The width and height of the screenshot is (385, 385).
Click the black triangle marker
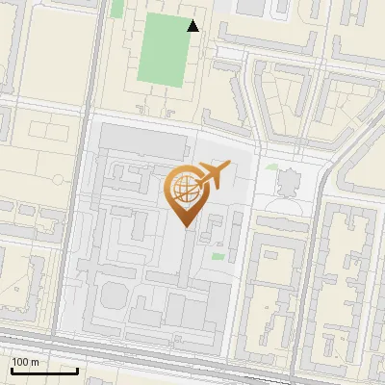pyautogui.click(x=193, y=26)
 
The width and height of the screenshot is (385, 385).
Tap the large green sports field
pyautogui.click(x=162, y=50)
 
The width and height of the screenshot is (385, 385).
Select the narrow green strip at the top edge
pyautogui.click(x=117, y=8)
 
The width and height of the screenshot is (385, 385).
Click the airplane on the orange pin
pyautogui.click(x=213, y=175)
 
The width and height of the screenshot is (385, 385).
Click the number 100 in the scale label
pyautogui.click(x=22, y=361)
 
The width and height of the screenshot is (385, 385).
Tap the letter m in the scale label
pyautogui.click(x=37, y=361)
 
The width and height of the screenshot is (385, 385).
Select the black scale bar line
pyautogui.click(x=44, y=371)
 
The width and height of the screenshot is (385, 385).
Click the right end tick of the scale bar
pyautogui.click(x=77, y=369)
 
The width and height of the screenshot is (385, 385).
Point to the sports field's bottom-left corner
pyautogui.click(x=139, y=85)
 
